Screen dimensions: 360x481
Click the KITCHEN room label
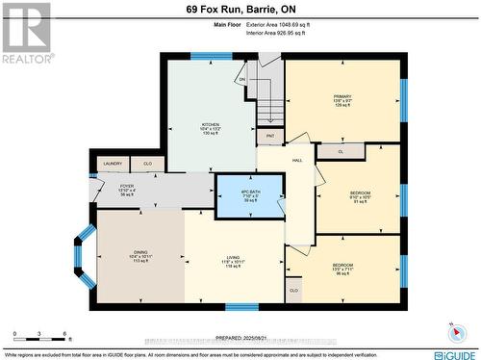pyautogui.click(x=210, y=124)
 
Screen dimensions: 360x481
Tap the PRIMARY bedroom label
pyautogui.click(x=343, y=96)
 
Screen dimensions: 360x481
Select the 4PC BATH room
pyautogui.click(x=250, y=195)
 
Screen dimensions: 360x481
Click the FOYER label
pyautogui.click(x=127, y=186)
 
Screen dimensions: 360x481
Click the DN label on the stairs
pyautogui.click(x=242, y=80)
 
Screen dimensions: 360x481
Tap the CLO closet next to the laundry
pyautogui.click(x=146, y=164)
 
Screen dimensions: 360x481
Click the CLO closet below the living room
pyautogui.click(x=293, y=289)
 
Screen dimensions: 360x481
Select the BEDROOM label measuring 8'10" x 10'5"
pyautogui.click(x=359, y=193)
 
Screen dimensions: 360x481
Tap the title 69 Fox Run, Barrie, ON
pyautogui.click(x=240, y=11)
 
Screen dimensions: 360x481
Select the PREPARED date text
pyautogui.click(x=240, y=338)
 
